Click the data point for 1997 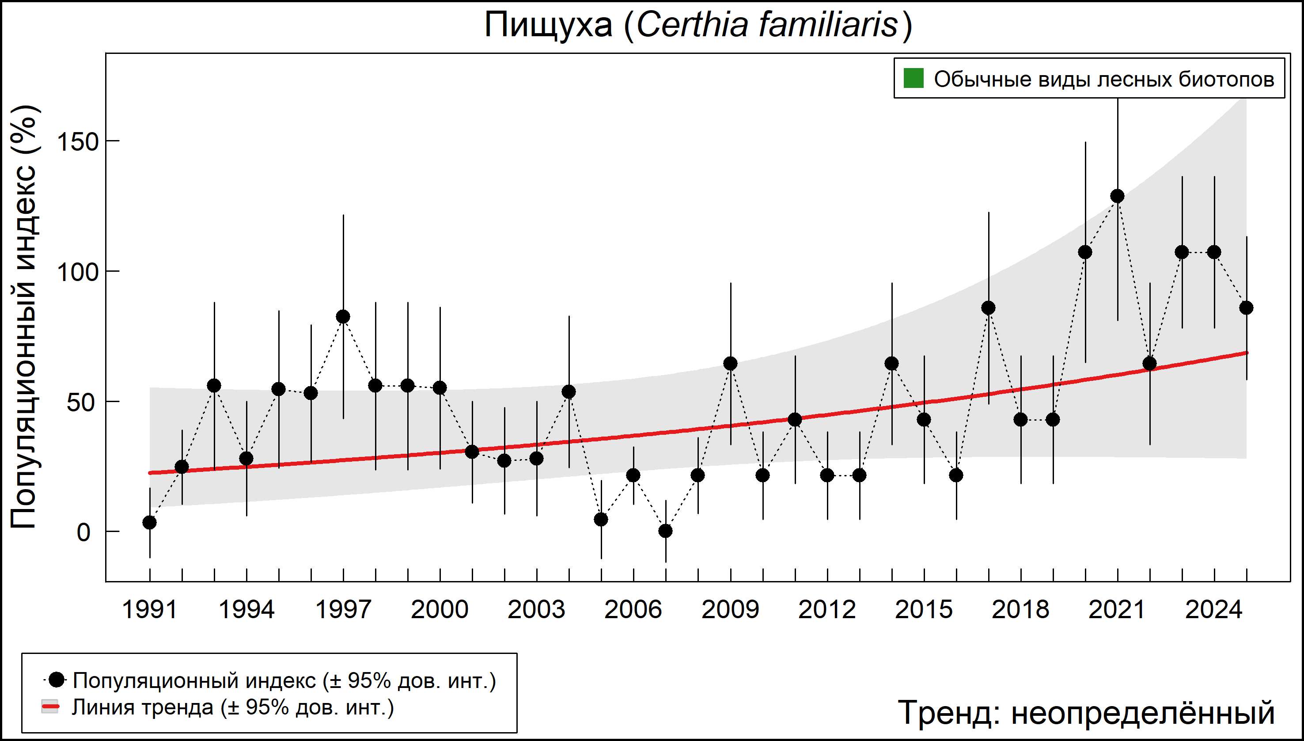[x=343, y=316]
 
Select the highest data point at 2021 [x=1117, y=196]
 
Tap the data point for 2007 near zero [x=666, y=531]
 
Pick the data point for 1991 [x=150, y=522]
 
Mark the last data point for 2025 [x=1247, y=308]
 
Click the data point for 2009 [x=731, y=363]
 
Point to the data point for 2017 [x=989, y=308]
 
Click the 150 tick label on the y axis [x=77, y=141]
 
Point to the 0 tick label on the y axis [x=83, y=532]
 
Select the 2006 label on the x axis [x=633, y=610]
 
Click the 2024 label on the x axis [x=1214, y=610]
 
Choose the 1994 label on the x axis [x=246, y=610]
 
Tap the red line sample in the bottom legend [x=50, y=707]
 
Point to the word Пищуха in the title [x=548, y=24]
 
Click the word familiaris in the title [x=829, y=24]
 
